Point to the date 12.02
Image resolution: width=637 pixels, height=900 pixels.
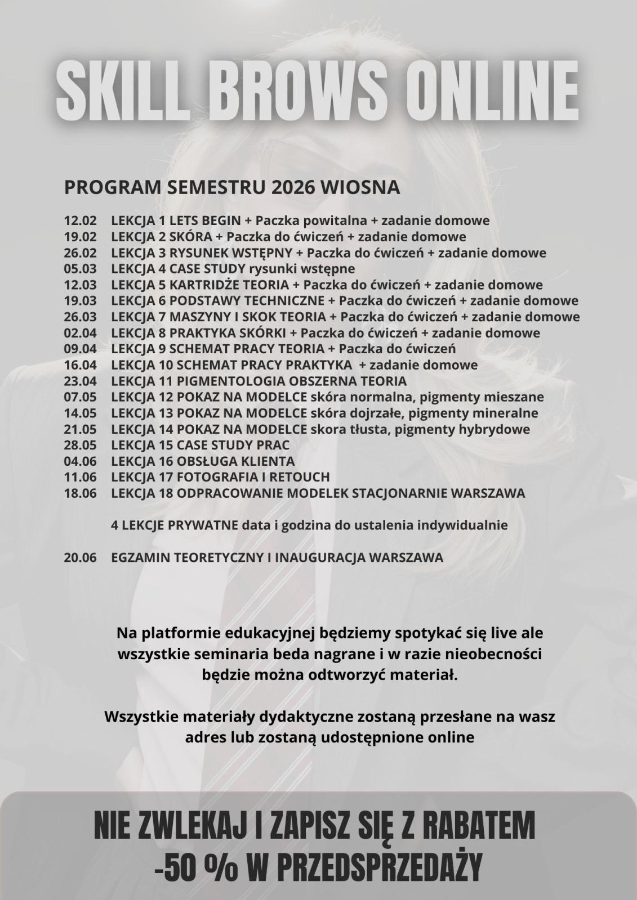pyautogui.click(x=80, y=220)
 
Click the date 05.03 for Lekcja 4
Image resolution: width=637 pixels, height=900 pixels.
pyautogui.click(x=80, y=268)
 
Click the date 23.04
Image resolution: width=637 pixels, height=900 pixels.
pyautogui.click(x=80, y=381)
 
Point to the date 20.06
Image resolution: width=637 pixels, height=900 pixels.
pyautogui.click(x=80, y=558)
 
